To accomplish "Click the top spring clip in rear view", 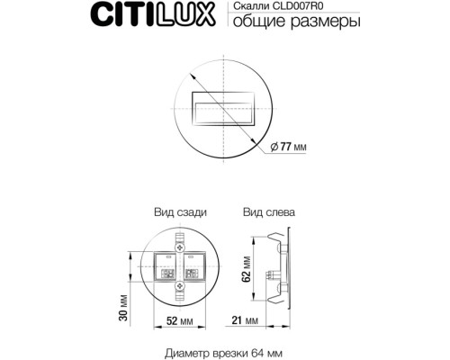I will (180, 242).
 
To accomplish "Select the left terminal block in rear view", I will (168, 265).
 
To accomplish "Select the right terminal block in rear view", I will (192, 265).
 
